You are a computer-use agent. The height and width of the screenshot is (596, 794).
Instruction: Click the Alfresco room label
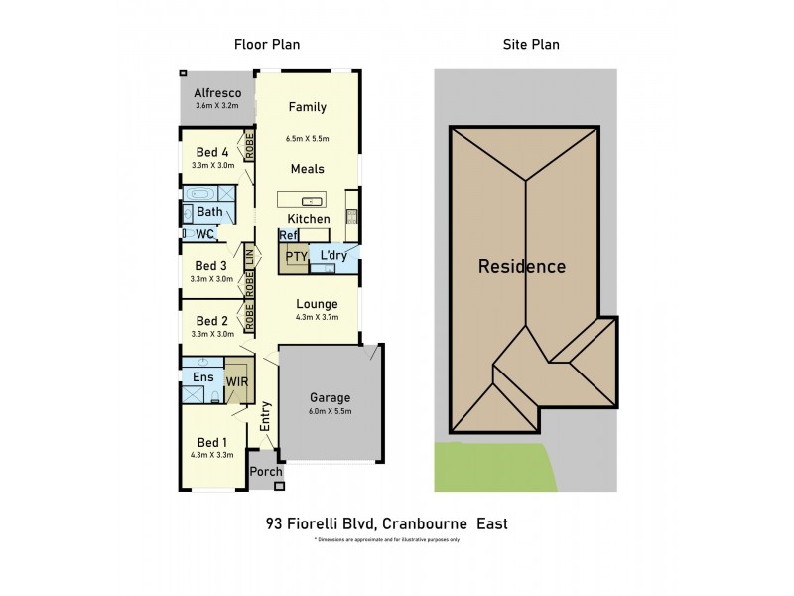(217, 93)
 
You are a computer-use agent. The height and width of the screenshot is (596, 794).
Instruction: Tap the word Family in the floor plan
(308, 107)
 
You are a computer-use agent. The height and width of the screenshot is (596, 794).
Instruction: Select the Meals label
(308, 169)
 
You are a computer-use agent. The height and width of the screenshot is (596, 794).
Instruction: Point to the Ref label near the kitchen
(289, 235)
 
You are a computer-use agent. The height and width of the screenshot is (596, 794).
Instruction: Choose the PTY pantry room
(296, 256)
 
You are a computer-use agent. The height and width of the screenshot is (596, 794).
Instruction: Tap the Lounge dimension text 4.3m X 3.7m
(318, 318)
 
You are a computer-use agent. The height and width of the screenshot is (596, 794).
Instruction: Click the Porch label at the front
(265, 471)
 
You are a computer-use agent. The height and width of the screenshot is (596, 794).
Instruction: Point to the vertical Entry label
(266, 415)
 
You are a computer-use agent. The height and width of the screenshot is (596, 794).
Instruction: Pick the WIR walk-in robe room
(237, 380)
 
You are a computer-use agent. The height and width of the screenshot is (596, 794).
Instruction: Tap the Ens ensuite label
(202, 377)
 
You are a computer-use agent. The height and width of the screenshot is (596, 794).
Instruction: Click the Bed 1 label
(211, 443)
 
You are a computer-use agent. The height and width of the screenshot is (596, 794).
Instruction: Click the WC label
(205, 234)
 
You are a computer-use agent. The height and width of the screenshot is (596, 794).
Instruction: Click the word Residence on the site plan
(522, 266)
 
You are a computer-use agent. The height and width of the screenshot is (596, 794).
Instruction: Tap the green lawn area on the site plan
(486, 467)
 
